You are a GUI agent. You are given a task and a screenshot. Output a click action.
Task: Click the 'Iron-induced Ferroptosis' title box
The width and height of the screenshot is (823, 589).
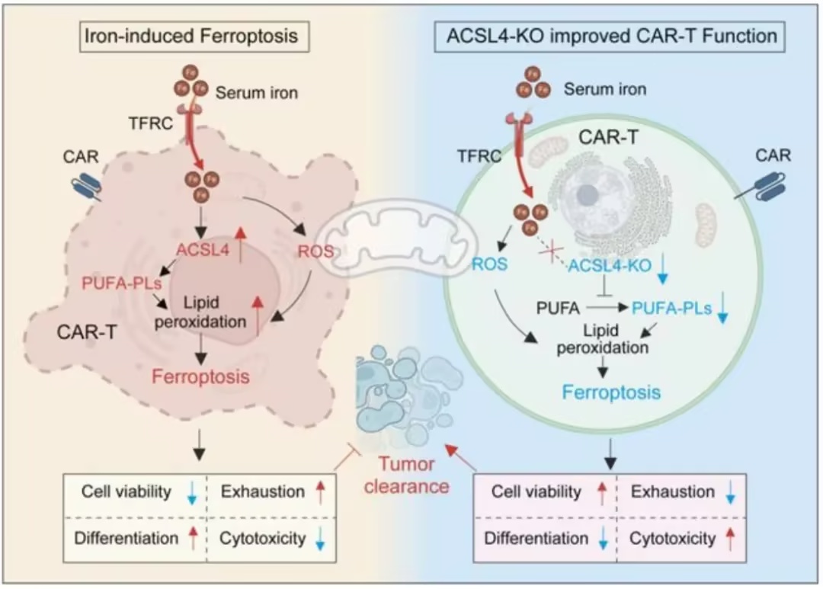[x=194, y=37]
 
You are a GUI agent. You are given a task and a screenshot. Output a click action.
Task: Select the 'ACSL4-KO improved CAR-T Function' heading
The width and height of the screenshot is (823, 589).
[x=611, y=37]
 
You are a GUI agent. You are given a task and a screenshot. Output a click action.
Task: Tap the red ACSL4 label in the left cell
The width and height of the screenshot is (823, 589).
[x=203, y=250]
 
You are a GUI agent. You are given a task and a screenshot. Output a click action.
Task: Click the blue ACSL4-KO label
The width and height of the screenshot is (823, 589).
[x=610, y=265]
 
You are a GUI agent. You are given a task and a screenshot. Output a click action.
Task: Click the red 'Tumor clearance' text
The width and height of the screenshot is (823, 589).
[x=407, y=475]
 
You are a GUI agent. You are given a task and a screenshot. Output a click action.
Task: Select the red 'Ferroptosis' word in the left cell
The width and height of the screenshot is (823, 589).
[x=200, y=376]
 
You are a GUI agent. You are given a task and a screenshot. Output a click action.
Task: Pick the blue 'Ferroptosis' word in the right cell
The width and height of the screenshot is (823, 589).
[x=611, y=392]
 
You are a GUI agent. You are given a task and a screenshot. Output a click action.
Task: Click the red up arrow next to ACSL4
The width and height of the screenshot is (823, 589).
[x=240, y=244]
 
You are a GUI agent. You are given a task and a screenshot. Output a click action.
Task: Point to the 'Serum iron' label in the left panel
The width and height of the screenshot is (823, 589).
[x=257, y=93]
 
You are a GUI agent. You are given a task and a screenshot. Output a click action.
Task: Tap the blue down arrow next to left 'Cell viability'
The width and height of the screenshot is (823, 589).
[x=191, y=493]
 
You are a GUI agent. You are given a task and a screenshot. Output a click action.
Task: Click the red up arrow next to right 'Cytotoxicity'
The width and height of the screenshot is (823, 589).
[x=729, y=539]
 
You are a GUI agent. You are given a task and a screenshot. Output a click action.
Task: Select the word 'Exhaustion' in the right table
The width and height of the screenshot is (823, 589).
[x=672, y=491]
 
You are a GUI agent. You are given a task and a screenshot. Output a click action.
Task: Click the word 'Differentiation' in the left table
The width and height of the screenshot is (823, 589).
[x=126, y=538]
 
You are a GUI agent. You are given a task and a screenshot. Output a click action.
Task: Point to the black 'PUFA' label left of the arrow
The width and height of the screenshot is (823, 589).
[x=558, y=308]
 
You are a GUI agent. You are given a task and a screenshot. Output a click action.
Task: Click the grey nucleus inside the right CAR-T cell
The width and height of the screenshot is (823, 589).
[x=588, y=196]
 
